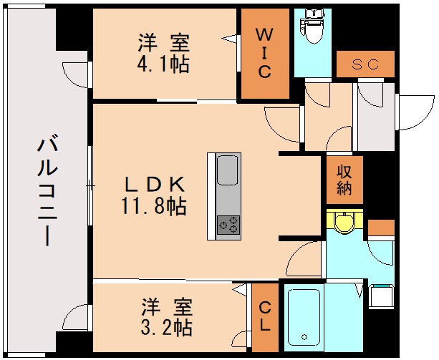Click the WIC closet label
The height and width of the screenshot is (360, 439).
tap(264, 53)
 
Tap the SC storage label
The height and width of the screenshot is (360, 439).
tap(365, 64)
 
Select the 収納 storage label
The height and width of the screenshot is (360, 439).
tap(344, 178)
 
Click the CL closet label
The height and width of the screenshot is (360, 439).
tap(264, 316)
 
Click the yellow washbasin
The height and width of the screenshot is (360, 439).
tap(344, 223)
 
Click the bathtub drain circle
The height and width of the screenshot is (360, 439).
tap(304, 336)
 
